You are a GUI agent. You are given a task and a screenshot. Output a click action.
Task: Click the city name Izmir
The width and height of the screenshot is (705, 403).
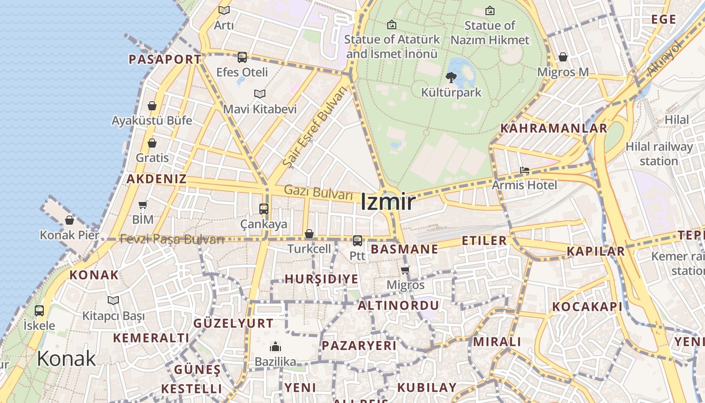(388, 202)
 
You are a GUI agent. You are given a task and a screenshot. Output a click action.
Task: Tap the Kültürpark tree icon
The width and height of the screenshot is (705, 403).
(451, 78)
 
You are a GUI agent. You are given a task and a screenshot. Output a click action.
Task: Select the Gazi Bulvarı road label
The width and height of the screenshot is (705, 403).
(318, 192)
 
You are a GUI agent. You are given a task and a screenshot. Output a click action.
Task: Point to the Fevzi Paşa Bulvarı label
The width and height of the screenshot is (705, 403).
(172, 239)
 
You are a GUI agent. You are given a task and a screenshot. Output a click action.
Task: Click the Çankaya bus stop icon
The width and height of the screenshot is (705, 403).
(263, 209)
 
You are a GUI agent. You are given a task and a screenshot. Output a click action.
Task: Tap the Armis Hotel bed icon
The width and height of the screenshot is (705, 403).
(524, 170)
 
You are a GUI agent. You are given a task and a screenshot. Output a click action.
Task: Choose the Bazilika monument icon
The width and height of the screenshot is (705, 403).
(275, 347)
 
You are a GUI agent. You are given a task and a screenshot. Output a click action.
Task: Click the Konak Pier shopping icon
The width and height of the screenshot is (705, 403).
(69, 220)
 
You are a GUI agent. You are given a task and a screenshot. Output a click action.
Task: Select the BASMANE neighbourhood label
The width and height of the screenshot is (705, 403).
(404, 249)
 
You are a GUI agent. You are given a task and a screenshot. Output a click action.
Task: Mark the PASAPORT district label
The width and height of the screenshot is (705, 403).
(165, 59)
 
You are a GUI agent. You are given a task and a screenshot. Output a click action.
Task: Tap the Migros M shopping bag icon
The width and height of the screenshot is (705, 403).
(563, 57)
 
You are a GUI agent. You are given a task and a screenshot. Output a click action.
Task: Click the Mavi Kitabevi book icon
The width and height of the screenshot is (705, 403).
(260, 94)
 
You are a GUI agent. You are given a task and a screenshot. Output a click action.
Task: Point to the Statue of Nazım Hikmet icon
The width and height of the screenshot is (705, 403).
(489, 10)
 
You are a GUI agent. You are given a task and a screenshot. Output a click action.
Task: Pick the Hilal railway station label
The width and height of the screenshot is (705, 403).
(659, 154)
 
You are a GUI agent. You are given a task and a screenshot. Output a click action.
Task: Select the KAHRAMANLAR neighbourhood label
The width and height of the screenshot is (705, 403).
(553, 128)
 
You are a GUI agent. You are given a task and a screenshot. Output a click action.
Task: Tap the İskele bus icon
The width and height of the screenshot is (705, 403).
(39, 310)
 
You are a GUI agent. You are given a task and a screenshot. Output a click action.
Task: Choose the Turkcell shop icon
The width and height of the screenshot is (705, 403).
(309, 234)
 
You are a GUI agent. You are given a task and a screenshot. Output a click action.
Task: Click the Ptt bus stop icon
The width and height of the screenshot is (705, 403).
(358, 241)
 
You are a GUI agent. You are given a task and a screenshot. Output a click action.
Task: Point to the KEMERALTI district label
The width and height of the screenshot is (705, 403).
(151, 338)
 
